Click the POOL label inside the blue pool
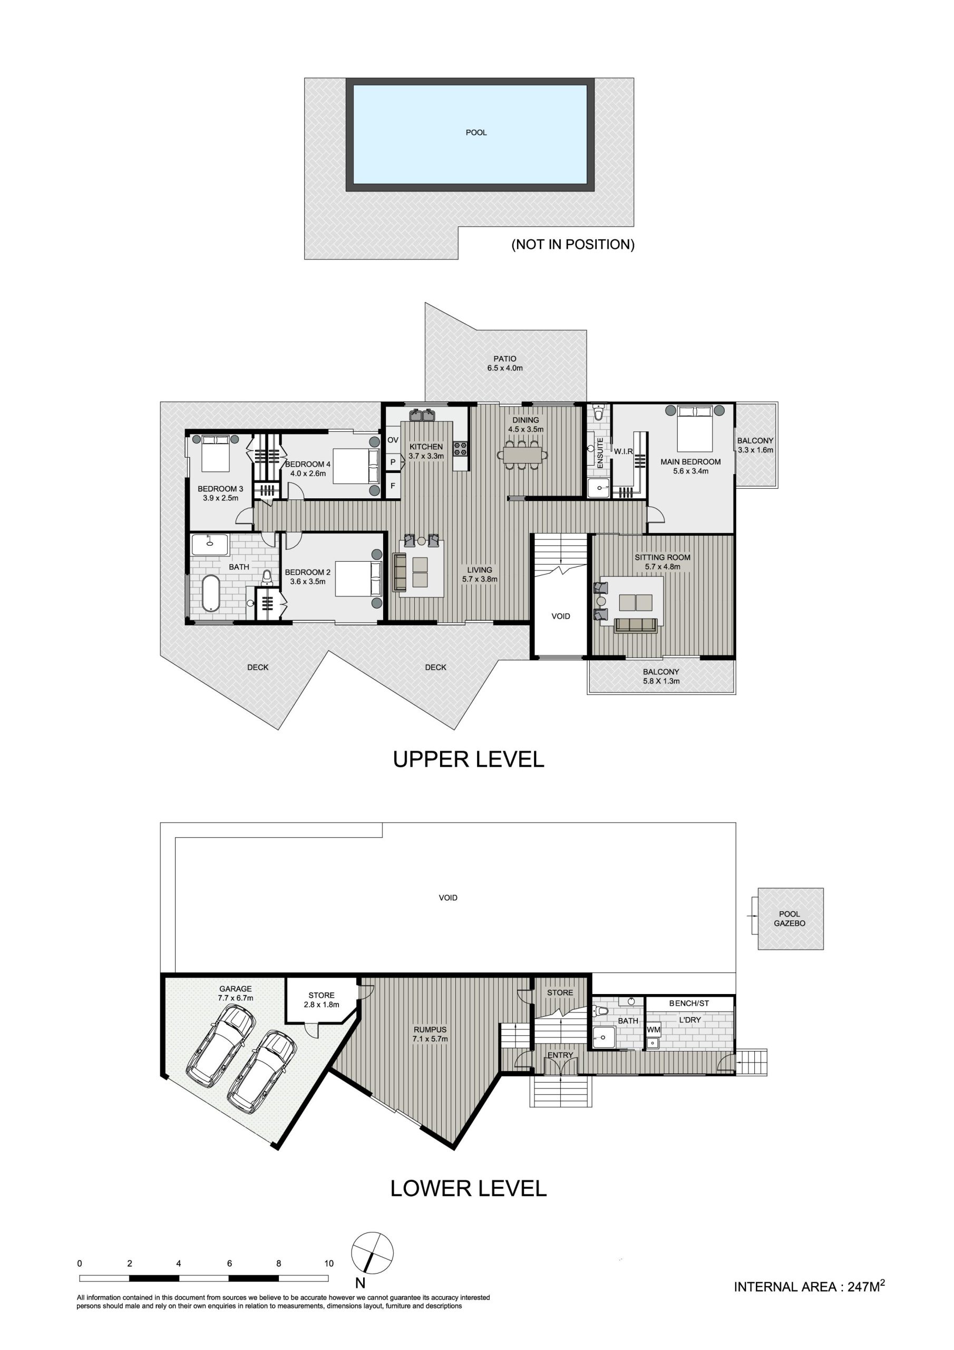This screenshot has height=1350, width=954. coord(476,133)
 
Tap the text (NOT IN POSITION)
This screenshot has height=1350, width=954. coord(573,245)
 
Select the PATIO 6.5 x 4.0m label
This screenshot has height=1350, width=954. coord(505,363)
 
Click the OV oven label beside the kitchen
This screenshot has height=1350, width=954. coord(393,440)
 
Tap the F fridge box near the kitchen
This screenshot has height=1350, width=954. coord(393,486)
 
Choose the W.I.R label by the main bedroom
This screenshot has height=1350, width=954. coord(624,451)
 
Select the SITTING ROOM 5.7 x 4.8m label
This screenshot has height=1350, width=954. coord(663,562)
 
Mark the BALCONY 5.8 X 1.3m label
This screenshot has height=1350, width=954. coord(661,676)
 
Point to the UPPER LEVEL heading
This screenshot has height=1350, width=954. coord(469,759)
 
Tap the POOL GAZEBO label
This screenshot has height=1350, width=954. coord(790,919)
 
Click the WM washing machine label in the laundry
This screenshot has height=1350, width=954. coord(654,1030)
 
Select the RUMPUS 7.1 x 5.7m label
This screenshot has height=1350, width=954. coord(430,1034)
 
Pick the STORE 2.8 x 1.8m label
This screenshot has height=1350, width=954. coord(322,999)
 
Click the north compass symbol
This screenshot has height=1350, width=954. coord(372,1253)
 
